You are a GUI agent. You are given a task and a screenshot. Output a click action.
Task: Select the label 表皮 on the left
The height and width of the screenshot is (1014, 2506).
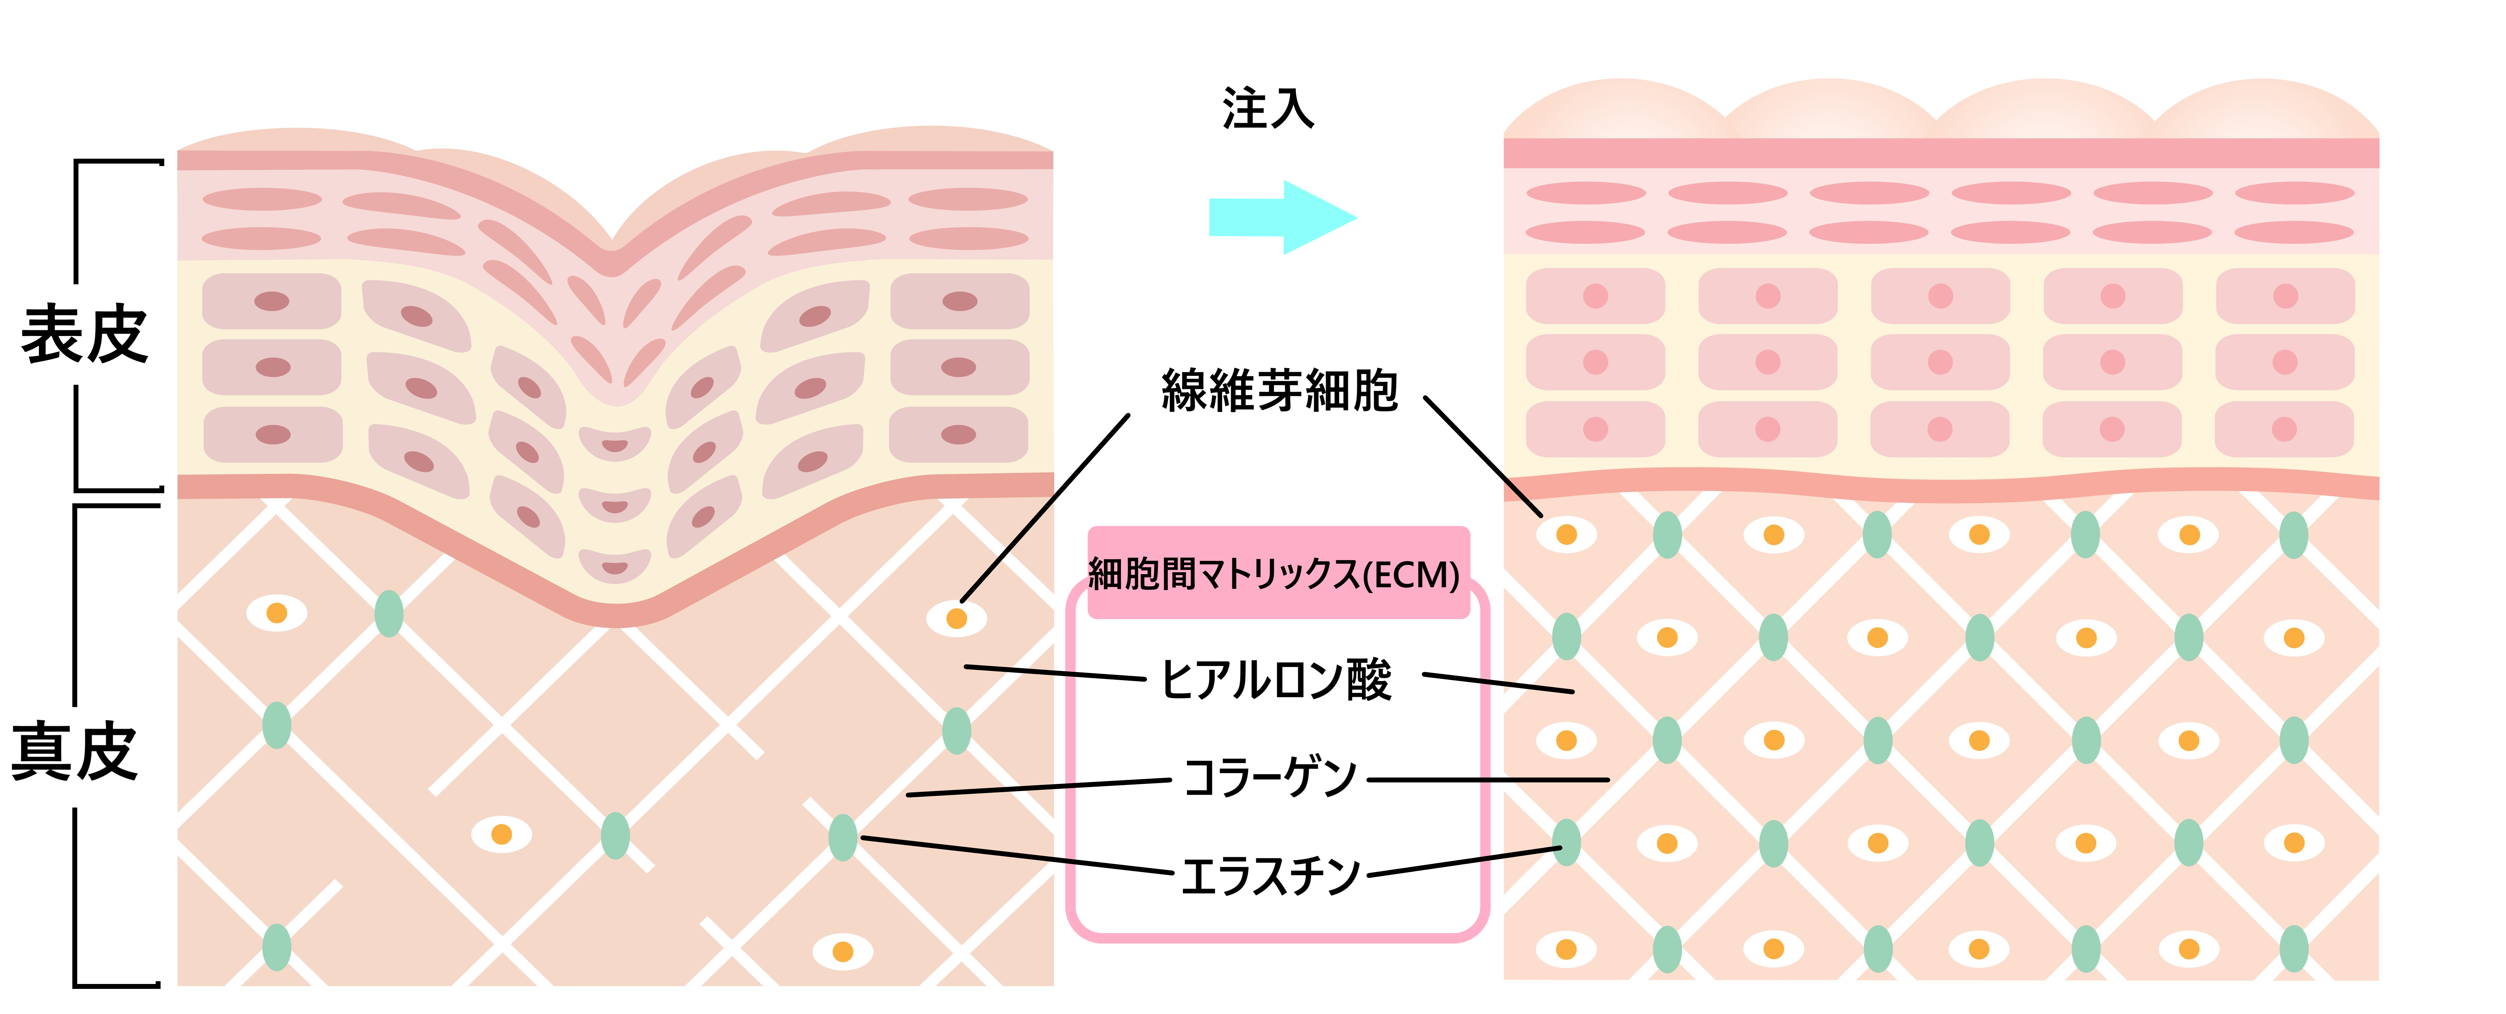[x=85, y=334]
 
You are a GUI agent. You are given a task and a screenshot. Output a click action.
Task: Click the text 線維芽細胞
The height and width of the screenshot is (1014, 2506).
[x=1279, y=391]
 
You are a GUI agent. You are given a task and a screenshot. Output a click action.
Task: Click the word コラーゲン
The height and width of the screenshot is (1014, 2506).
[x=1269, y=778]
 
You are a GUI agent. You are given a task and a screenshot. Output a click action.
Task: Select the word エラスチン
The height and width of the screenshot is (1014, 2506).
[x=1269, y=875]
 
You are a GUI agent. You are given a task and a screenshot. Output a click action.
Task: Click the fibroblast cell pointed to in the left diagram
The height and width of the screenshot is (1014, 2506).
[x=956, y=618]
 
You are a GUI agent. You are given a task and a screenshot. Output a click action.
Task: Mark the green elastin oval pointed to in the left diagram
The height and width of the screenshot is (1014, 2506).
[x=842, y=837]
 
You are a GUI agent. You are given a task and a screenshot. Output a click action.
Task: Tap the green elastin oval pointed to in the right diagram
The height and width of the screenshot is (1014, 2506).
[x=1566, y=842]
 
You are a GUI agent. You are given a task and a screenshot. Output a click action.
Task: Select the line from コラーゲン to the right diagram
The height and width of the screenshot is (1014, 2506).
[x=1489, y=780]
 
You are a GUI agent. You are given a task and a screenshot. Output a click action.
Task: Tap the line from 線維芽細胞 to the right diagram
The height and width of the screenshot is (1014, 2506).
[x=1483, y=456]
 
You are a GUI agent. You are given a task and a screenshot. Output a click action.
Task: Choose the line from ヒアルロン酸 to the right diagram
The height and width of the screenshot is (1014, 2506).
[x=1498, y=683]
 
